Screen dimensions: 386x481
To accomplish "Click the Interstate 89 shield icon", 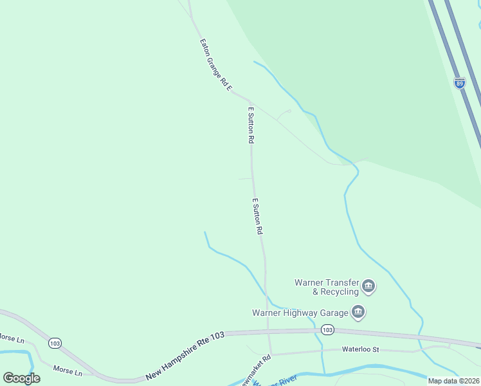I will (459, 83).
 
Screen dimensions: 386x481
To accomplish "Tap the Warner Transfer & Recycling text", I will (326, 287).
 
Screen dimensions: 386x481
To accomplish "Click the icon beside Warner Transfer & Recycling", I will (368, 286).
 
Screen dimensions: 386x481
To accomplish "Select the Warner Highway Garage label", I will (300, 313).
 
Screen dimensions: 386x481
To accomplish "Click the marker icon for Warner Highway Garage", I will (359, 313).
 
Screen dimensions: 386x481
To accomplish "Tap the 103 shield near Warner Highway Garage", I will (327, 330).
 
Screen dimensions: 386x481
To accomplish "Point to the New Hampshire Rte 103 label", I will (185, 355).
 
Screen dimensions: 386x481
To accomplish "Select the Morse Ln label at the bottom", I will (68, 372).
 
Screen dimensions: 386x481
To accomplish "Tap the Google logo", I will (21, 378).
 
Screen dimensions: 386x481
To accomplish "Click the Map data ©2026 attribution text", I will (453, 381).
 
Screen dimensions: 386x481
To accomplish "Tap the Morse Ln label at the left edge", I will (11, 338).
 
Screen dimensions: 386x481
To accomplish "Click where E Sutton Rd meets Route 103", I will (268, 333).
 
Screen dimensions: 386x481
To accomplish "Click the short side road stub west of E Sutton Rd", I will (244, 179).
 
